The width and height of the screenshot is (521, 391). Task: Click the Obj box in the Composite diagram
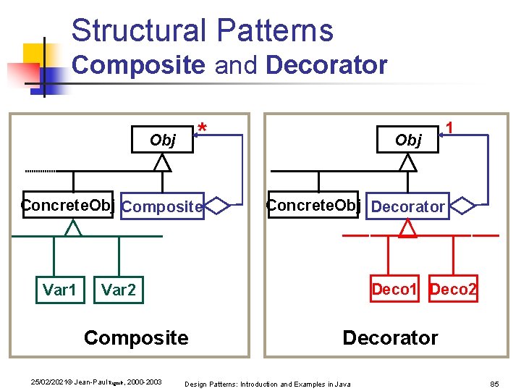(x=163, y=140)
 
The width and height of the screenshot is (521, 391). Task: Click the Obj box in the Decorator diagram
(x=409, y=140)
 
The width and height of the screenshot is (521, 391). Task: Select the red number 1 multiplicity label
(x=449, y=127)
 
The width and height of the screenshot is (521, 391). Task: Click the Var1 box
(x=59, y=290)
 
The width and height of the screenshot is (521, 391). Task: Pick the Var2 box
(x=119, y=290)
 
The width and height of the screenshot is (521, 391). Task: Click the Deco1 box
(x=394, y=290)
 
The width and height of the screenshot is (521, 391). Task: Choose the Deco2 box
(x=454, y=290)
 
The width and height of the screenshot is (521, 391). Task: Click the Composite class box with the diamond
(x=162, y=206)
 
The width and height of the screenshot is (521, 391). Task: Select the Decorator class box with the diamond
(x=408, y=206)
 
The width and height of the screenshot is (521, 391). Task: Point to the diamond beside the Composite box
(x=217, y=206)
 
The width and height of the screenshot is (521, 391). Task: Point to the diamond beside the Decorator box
(x=462, y=206)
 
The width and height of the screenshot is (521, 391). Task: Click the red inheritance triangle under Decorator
(x=409, y=230)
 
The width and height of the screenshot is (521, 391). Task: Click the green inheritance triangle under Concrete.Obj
(x=72, y=229)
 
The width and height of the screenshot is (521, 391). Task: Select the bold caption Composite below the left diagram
(x=136, y=337)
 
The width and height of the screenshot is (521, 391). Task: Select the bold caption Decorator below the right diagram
(x=390, y=337)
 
